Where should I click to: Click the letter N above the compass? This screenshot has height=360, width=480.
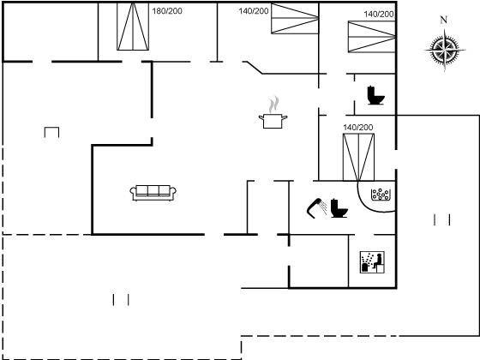[x=444, y=20]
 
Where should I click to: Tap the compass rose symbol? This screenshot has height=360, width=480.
[x=445, y=50]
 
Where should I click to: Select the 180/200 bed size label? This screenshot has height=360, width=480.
[x=167, y=11]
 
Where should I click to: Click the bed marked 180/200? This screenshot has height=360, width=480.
[x=133, y=27]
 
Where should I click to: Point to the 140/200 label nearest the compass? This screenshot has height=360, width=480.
[x=379, y=14]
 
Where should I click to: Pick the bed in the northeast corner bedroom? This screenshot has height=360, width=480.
[x=372, y=37]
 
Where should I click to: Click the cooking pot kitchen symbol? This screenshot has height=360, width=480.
[x=273, y=121]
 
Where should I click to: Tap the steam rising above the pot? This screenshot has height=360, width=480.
[x=274, y=105]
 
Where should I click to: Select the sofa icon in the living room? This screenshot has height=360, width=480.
[x=153, y=193]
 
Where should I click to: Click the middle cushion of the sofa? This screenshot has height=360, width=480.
[x=153, y=190]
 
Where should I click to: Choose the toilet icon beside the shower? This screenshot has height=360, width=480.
[x=339, y=208]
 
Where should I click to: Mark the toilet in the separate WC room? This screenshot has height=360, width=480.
[x=375, y=95]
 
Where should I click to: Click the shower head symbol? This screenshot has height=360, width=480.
[x=316, y=207]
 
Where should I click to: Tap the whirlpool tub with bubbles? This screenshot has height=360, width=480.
[x=381, y=195]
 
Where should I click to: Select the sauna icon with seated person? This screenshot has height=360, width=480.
[x=372, y=262]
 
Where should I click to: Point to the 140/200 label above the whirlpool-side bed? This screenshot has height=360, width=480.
[x=358, y=128]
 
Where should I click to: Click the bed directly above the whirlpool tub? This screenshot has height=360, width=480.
[x=358, y=157]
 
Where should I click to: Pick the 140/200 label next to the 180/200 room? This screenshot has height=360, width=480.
[x=254, y=11]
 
